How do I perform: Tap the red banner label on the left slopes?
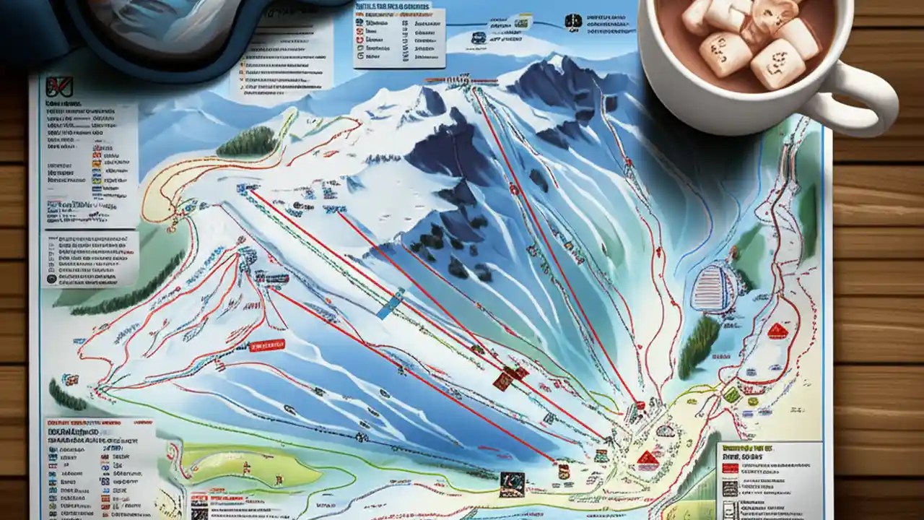tap(266, 346)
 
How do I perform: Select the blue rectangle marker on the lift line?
tap(389, 303)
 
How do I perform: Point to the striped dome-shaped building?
tap(713, 288)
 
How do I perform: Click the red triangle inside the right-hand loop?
tap(777, 331)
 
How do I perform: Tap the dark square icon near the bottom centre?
tap(512, 483)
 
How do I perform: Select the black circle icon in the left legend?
tap(51, 278)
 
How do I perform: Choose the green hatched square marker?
tap(732, 394)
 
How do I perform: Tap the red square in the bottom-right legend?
tap(730, 468)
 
